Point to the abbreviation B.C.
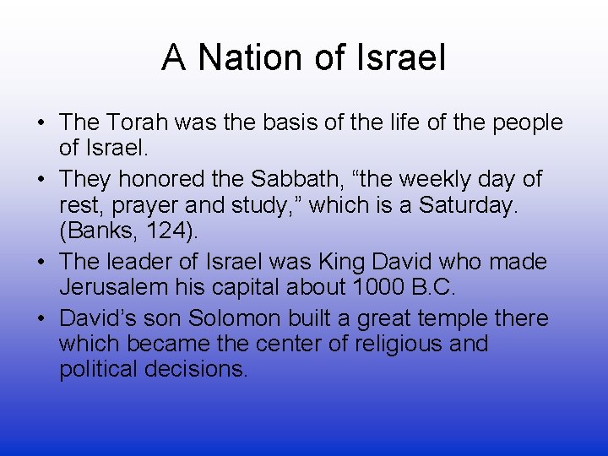coord(432,288)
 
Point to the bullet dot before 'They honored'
coord(41,180)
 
